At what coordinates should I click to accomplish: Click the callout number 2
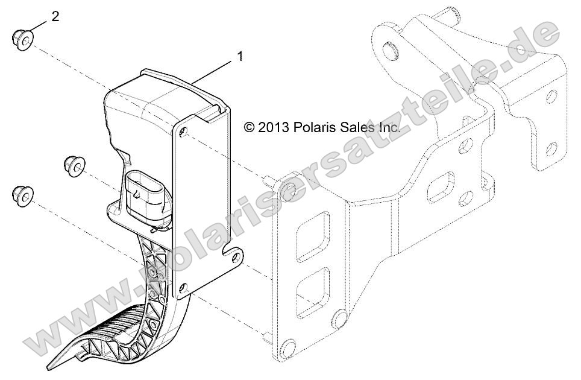(55, 16)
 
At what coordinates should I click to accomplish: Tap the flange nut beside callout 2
(23, 40)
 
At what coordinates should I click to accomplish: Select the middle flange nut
(74, 165)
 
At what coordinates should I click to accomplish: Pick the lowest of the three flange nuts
(23, 195)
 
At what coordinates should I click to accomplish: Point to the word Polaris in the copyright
(316, 127)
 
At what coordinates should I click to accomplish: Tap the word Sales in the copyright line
(360, 127)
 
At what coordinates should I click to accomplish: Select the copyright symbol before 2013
(250, 127)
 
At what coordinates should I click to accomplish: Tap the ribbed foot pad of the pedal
(121, 326)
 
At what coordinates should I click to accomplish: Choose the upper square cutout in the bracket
(315, 229)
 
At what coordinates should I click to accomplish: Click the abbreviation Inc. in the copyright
(389, 127)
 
